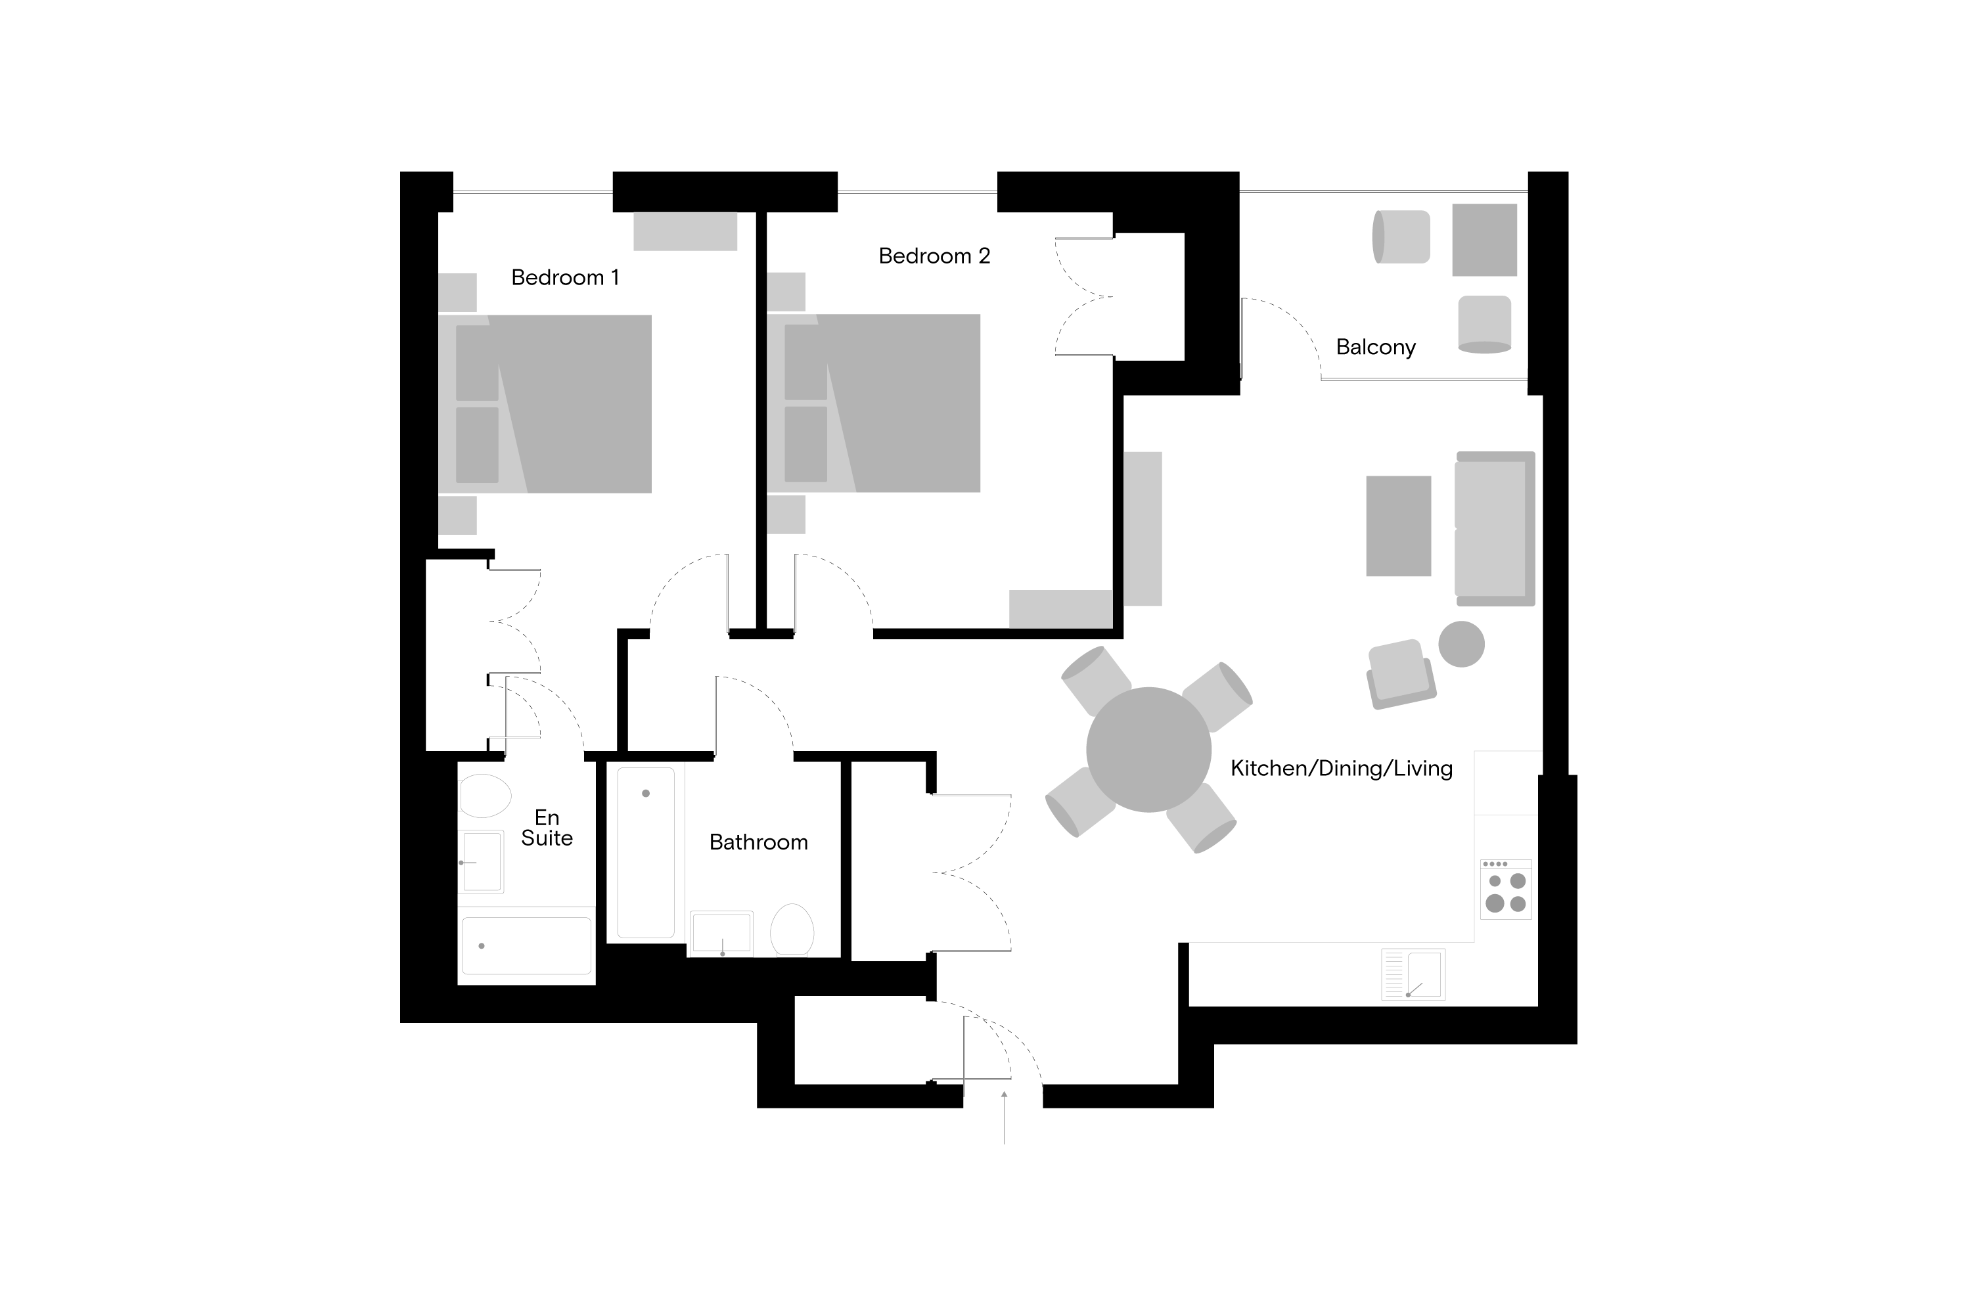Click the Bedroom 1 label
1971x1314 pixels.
[565, 277]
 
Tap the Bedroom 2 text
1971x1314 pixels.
[934, 256]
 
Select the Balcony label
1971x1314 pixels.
[1375, 347]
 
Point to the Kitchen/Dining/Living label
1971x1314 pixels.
[1341, 769]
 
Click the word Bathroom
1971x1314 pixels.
[758, 842]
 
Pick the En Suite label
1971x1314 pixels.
[547, 828]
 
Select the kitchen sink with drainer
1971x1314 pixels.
[1413, 974]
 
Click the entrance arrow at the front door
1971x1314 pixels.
[1004, 1117]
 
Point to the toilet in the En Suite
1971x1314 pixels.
[484, 795]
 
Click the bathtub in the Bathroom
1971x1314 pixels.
[645, 852]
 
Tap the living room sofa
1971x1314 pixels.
[1495, 529]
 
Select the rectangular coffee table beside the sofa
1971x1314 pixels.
[1398, 526]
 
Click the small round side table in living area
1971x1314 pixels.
[1461, 644]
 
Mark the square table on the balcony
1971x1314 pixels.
[1484, 240]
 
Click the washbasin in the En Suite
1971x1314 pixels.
[481, 861]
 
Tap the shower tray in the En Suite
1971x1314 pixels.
[526, 945]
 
